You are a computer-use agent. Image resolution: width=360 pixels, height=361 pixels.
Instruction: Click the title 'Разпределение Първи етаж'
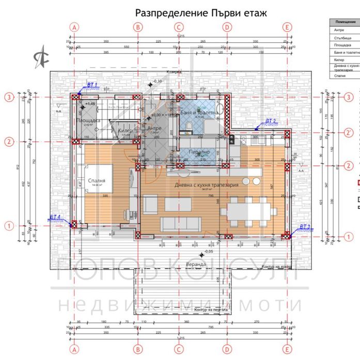point(200,12)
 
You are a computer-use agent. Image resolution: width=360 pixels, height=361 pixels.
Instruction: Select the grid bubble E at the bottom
point(287,348)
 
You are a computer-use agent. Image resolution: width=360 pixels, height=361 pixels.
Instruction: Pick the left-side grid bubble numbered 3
point(9,97)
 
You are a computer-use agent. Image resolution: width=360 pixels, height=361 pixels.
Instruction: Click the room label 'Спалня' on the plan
point(97,181)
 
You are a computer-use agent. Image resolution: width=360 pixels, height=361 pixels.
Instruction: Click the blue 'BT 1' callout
point(91,84)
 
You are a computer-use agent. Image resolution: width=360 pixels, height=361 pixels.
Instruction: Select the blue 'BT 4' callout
point(55,217)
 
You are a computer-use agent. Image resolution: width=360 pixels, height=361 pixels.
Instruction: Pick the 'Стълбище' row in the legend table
point(343,38)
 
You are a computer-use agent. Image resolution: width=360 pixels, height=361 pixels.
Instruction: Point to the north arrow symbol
point(39,56)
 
